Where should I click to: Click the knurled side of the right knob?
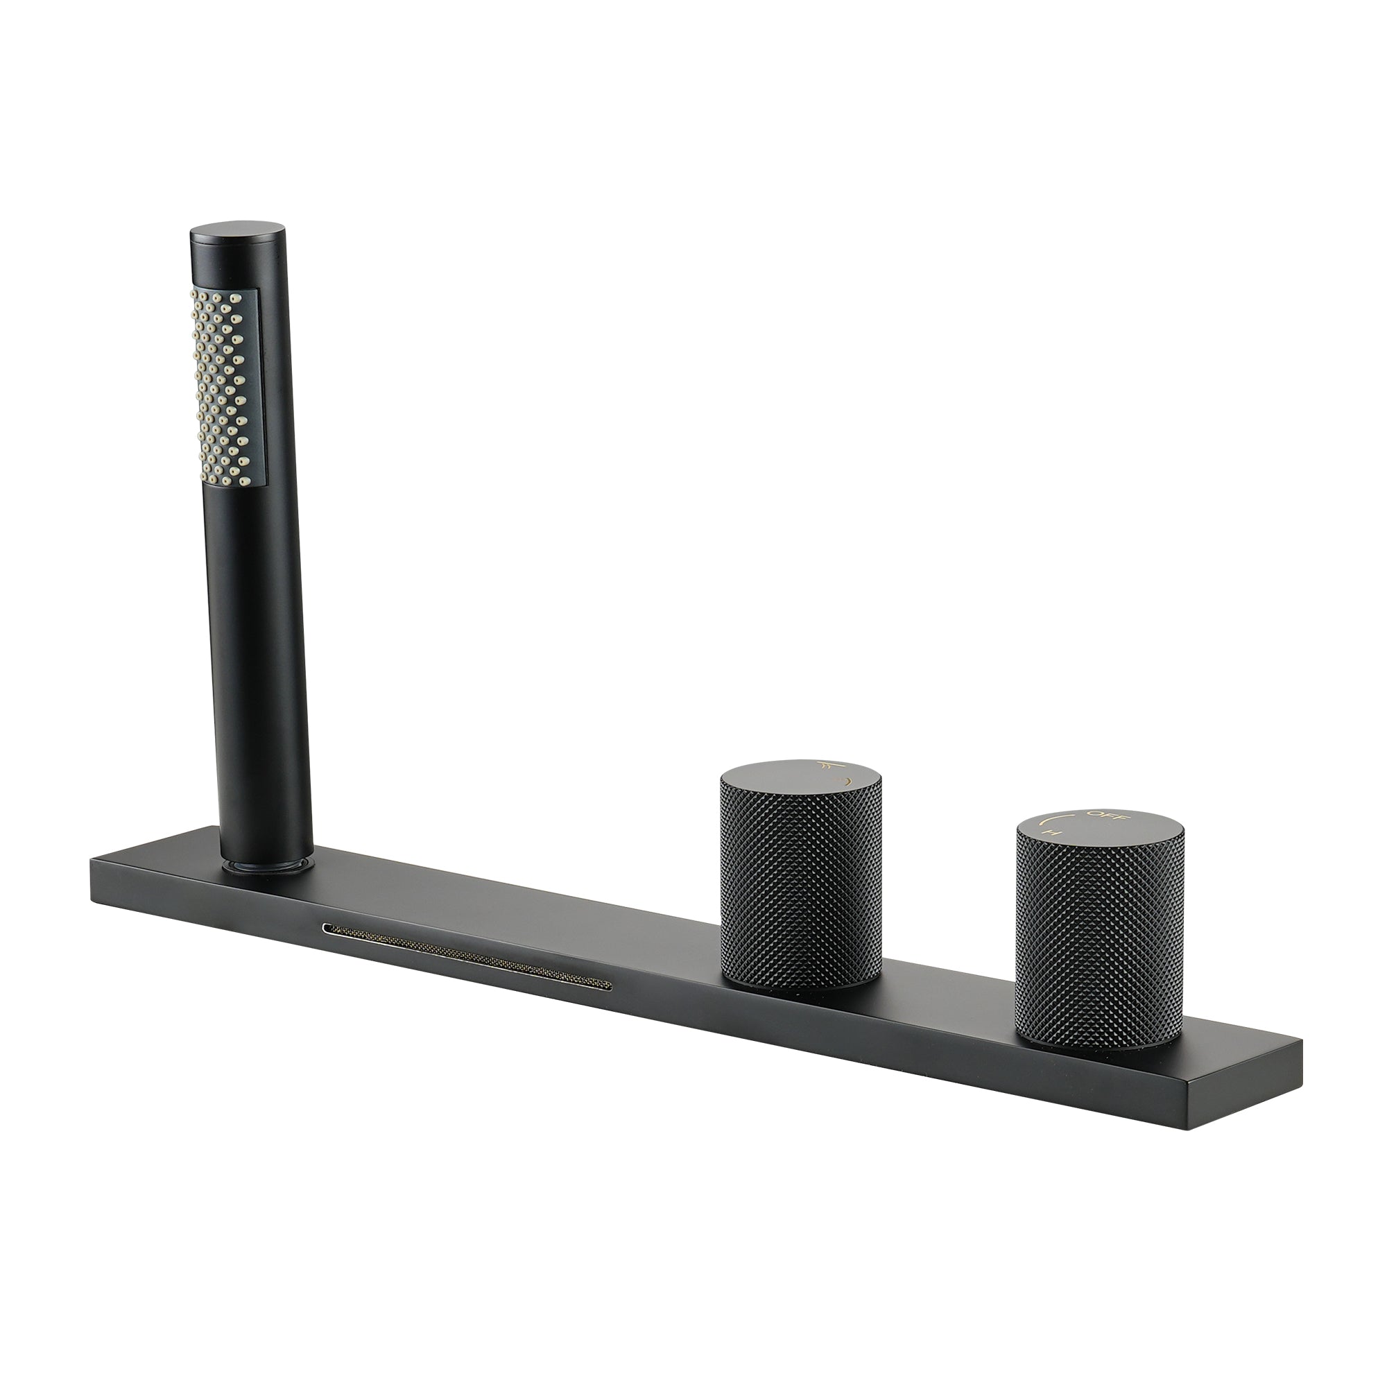click(1099, 947)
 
